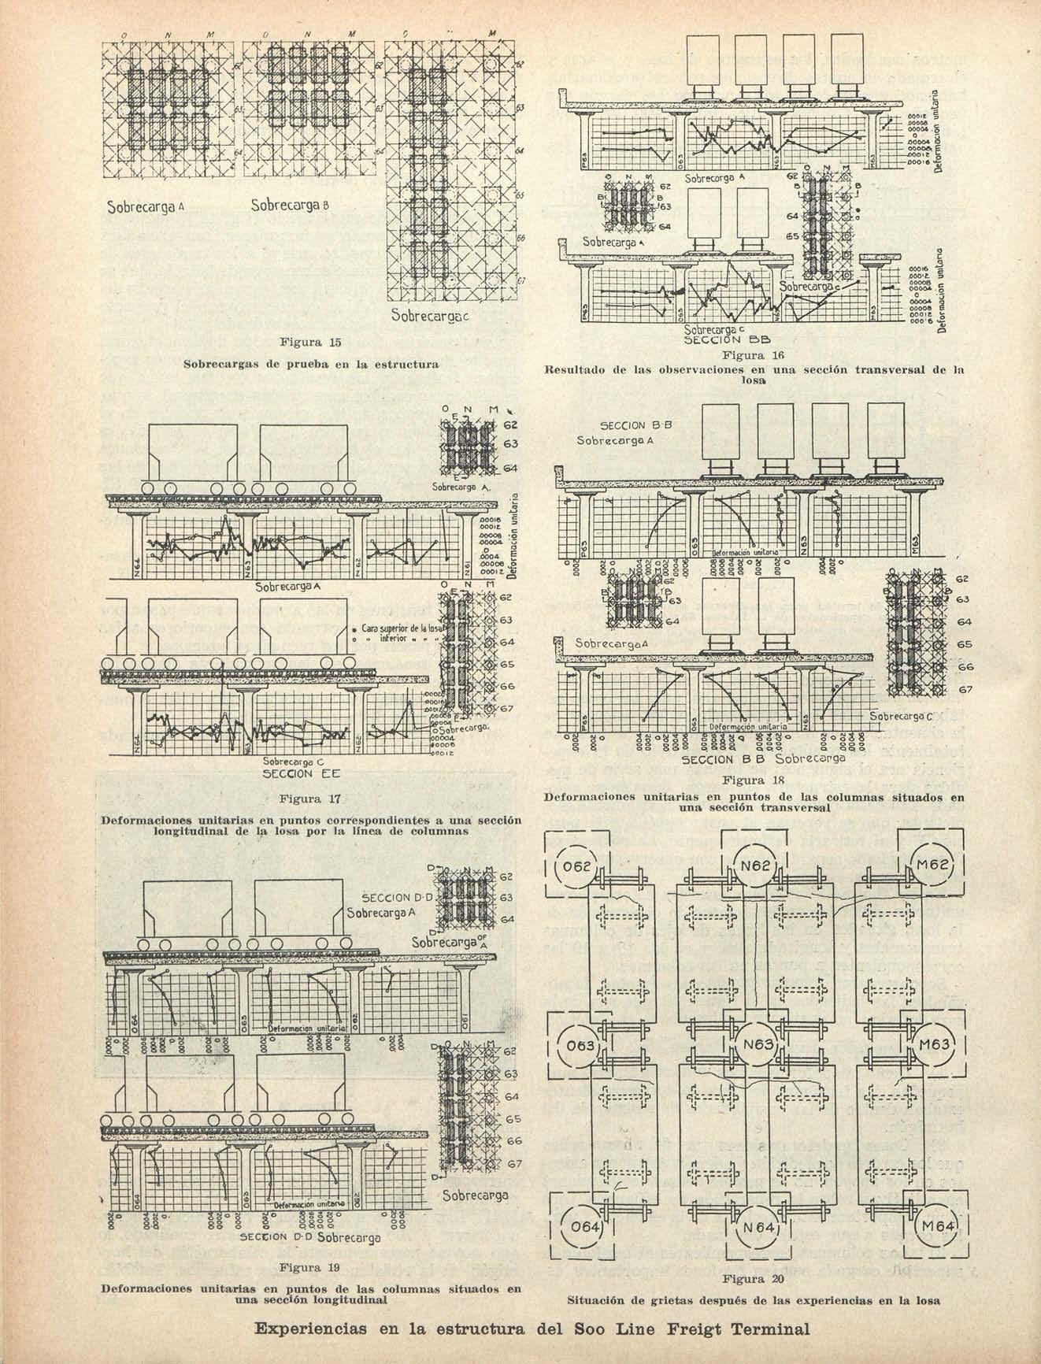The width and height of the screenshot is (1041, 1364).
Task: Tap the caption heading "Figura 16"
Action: tap(755, 357)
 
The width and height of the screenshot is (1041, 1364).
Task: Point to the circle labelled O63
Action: tap(580, 1049)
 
